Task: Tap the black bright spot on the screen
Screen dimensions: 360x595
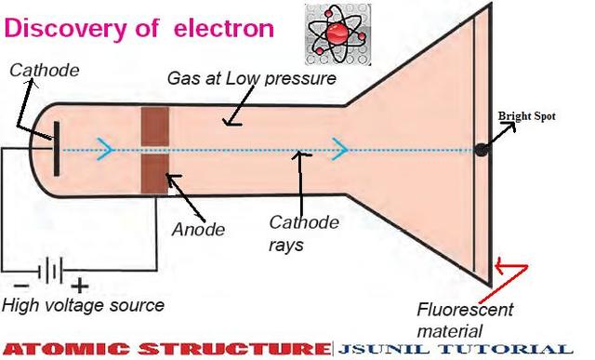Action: click(x=481, y=150)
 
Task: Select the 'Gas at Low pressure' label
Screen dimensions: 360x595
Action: click(x=251, y=79)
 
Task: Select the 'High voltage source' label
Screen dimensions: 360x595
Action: click(x=83, y=305)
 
